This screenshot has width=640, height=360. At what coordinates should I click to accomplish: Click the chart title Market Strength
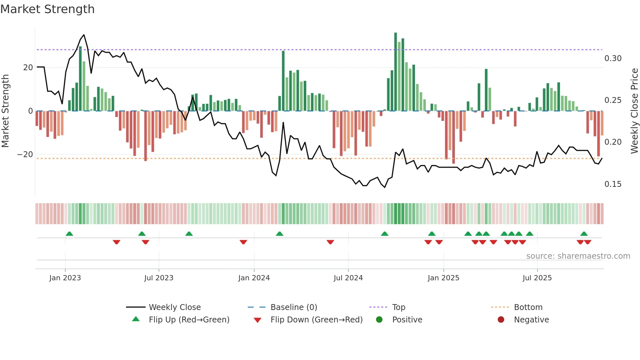[x=47, y=9]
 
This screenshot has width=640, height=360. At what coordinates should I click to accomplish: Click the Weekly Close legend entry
[x=174, y=307]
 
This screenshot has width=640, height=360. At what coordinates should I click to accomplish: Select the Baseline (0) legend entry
[x=294, y=307]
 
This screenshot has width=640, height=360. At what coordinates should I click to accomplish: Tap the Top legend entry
[x=398, y=307]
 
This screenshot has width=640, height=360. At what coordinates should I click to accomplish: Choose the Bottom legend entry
[x=528, y=307]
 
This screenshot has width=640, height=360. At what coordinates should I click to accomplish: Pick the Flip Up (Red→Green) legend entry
[x=189, y=320]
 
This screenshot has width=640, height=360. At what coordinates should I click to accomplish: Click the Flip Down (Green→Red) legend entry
[x=316, y=320]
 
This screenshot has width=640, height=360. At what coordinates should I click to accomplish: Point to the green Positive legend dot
[x=379, y=320]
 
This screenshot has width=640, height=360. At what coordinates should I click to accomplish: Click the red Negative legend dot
[x=501, y=320]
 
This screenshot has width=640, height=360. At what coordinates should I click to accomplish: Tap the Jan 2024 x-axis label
[x=254, y=278]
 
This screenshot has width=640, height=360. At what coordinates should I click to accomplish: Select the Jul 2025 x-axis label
[x=537, y=278]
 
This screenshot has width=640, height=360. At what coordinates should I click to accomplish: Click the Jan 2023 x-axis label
[x=65, y=278]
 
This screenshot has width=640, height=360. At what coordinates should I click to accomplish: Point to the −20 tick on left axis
[x=25, y=155]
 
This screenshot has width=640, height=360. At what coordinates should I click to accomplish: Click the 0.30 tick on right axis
[x=613, y=58]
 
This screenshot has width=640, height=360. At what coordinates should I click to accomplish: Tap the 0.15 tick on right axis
[x=613, y=184]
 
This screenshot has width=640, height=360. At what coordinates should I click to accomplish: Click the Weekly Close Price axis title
[x=634, y=111]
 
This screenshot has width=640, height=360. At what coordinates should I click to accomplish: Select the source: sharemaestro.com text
[x=578, y=256]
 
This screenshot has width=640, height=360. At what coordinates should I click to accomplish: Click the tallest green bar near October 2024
[x=395, y=72]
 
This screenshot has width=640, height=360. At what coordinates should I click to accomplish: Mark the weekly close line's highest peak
[x=84, y=35]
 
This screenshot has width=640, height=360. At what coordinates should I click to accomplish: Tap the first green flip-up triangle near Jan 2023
[x=69, y=234]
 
